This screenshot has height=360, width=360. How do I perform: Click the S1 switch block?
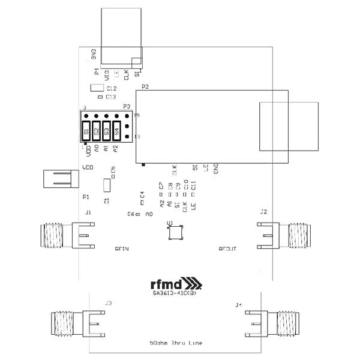(87, 131)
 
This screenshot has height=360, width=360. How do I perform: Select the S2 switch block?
(97, 131)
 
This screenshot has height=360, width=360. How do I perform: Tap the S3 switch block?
(107, 131)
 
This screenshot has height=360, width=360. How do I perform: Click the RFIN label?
(122, 249)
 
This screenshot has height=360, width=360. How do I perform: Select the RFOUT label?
(227, 249)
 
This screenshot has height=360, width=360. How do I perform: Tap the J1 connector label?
(88, 212)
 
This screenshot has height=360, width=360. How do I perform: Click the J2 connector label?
(263, 212)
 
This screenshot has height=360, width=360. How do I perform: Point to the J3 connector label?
(109, 303)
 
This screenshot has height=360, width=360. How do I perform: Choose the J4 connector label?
(239, 305)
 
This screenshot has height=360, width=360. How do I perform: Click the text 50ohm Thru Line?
(176, 343)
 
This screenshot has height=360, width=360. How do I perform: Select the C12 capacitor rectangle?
(96, 89)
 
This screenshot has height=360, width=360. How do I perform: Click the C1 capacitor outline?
(107, 187)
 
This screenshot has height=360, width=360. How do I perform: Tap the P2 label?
(145, 87)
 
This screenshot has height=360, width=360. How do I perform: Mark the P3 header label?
(126, 106)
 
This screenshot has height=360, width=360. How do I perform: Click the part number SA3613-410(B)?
(175, 293)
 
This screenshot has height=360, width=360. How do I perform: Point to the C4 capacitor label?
(142, 194)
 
